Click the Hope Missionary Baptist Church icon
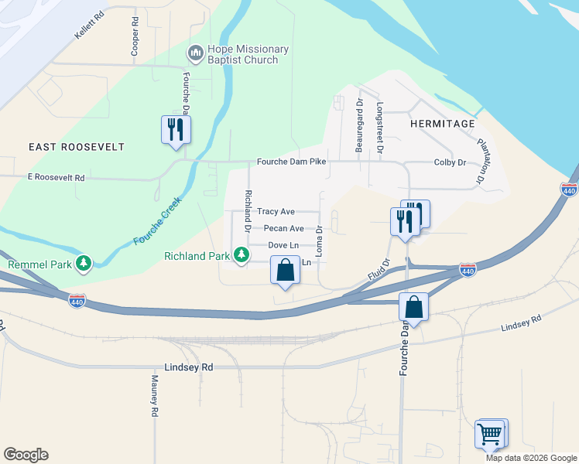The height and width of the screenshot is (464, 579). (195, 54)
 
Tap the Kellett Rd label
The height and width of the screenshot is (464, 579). (90, 15)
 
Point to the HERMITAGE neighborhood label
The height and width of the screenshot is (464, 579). (441, 123)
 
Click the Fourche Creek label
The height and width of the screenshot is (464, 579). (157, 222)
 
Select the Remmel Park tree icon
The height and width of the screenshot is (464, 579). (83, 264)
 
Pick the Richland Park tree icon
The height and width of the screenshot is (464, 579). (242, 254)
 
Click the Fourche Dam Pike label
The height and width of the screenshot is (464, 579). (292, 162)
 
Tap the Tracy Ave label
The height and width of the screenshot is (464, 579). (276, 211)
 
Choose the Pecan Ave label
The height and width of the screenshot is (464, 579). (283, 229)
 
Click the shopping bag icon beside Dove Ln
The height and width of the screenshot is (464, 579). (285, 271)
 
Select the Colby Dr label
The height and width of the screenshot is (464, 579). (450, 162)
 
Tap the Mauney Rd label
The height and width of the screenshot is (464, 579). (155, 397)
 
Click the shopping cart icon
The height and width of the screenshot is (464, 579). (491, 435)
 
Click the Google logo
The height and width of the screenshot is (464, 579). (26, 455)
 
